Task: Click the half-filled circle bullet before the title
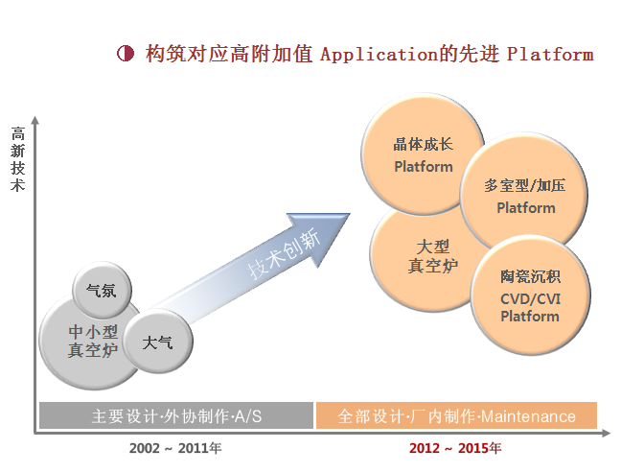[126, 53]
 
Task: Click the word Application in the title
[379, 55]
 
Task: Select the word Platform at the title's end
[550, 55]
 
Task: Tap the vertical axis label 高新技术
[18, 159]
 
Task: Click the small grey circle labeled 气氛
[102, 290]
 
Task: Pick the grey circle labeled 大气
[158, 342]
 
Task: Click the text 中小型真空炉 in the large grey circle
[93, 342]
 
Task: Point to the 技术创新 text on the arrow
[284, 253]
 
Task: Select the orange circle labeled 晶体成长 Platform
[423, 154]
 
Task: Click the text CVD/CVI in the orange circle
[530, 298]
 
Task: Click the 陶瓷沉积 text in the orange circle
[530, 276]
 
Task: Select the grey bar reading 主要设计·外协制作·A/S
[176, 415]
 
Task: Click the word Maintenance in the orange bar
[528, 416]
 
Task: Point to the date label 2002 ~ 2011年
[175, 448]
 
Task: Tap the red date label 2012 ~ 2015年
[455, 448]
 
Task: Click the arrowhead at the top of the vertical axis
[35, 120]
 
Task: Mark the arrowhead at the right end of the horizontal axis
[606, 434]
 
